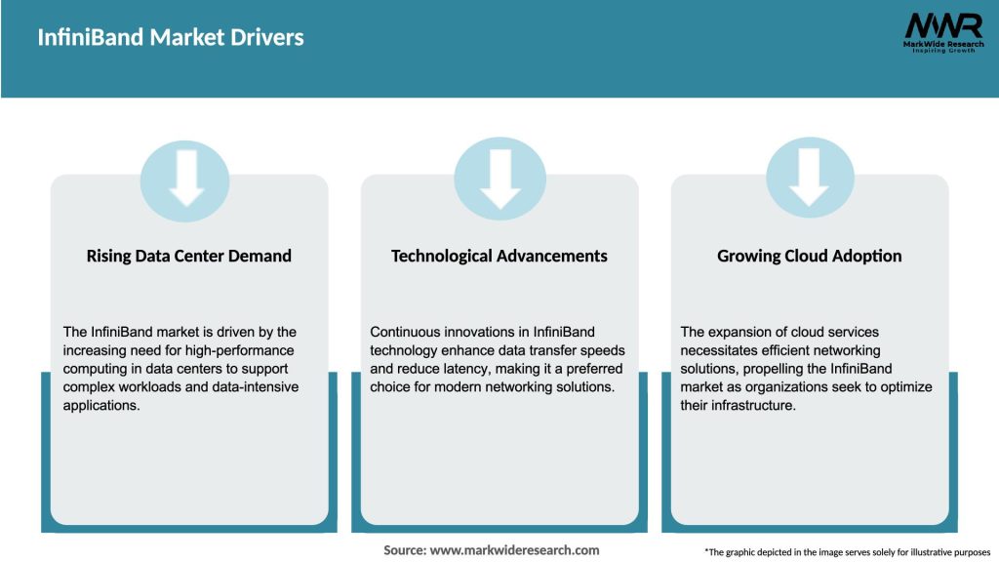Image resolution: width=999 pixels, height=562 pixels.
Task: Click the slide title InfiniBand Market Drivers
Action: (171, 38)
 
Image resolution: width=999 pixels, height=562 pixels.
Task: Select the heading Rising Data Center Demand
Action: (189, 257)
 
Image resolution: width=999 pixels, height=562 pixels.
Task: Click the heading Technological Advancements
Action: (499, 257)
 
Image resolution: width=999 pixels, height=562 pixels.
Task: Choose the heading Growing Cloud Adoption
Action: (810, 257)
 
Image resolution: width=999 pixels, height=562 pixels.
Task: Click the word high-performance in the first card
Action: (244, 350)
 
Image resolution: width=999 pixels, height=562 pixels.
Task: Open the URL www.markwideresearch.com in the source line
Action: (515, 550)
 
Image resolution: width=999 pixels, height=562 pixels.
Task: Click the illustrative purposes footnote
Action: (847, 552)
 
